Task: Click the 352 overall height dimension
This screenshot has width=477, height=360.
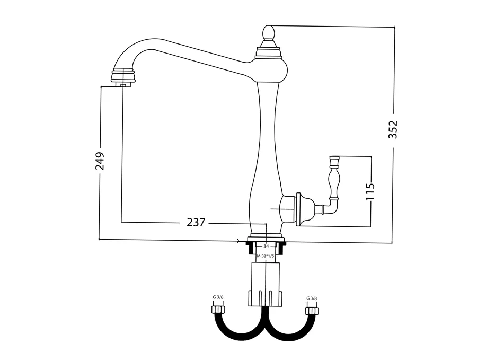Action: point(393,129)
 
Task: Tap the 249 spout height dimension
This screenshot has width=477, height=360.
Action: point(100,161)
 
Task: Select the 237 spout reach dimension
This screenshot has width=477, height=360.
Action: point(196,223)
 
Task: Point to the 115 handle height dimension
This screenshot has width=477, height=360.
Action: point(370,191)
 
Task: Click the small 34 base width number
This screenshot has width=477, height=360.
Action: point(266,246)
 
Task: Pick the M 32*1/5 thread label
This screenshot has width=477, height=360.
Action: point(266,256)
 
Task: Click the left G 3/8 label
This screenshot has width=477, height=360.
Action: point(218,297)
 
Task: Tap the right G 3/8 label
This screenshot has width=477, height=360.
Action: point(312,298)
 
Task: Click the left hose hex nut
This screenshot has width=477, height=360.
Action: point(218,310)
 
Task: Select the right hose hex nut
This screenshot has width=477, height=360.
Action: point(312,311)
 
